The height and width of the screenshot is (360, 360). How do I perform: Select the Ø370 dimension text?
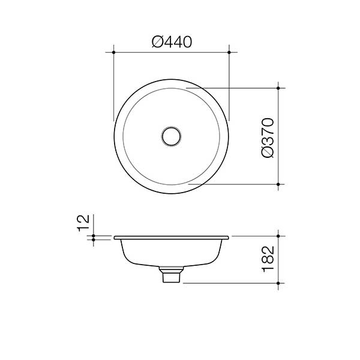click(x=268, y=137)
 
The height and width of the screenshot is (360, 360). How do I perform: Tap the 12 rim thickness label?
click(x=83, y=222)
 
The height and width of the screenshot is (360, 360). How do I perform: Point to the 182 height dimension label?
click(x=268, y=259)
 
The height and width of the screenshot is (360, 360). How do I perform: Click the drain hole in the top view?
click(x=172, y=136)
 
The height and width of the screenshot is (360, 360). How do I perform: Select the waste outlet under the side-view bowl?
click(x=172, y=277)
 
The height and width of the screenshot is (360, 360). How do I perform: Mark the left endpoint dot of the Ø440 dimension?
click(x=113, y=53)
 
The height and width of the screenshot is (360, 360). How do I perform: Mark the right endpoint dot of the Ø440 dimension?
click(x=230, y=53)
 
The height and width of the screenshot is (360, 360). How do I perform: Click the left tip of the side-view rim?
click(x=114, y=238)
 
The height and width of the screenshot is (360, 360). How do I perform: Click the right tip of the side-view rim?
click(x=229, y=238)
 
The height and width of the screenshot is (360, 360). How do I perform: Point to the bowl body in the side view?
click(x=172, y=252)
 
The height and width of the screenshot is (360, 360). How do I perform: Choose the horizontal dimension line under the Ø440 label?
click(x=172, y=53)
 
